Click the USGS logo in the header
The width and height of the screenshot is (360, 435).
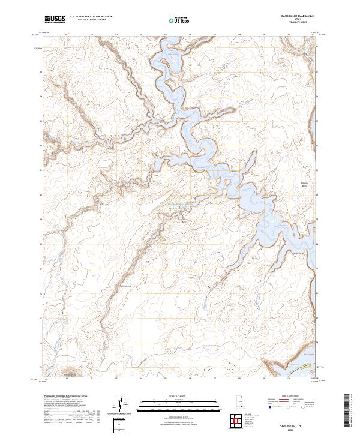coord(55,20)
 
